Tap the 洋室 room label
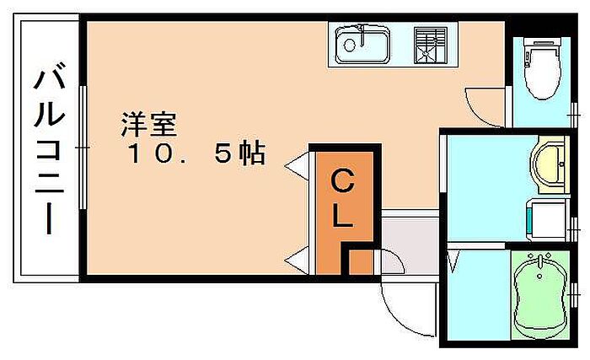(147, 125)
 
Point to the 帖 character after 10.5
(251, 153)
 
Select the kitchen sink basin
(361, 44)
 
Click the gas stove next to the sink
(430, 44)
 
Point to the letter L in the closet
(341, 217)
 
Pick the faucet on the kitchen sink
(361, 34)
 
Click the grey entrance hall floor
(409, 240)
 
